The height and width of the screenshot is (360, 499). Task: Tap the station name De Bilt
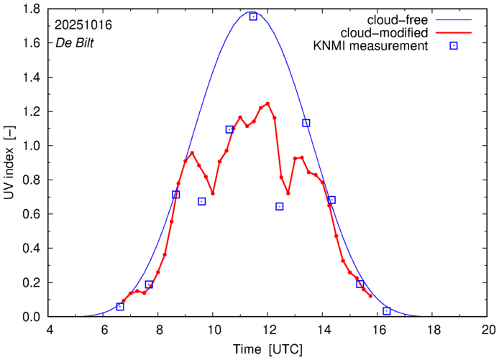(x=75, y=42)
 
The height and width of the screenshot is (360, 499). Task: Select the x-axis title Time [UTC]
(x=268, y=349)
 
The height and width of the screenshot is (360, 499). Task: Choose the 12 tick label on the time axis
(x=268, y=330)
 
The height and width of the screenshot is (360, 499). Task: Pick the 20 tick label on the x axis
(x=488, y=330)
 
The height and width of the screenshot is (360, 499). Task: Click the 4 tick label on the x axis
(x=49, y=330)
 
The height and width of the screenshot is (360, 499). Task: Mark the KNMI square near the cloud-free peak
(x=253, y=17)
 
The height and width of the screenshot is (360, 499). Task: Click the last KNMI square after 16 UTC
(x=387, y=311)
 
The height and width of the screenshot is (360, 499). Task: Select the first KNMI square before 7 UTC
(x=120, y=307)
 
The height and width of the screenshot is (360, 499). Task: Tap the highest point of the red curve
(x=267, y=103)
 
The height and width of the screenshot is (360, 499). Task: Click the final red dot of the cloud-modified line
(x=371, y=296)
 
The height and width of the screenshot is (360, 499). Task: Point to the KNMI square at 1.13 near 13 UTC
(x=306, y=123)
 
